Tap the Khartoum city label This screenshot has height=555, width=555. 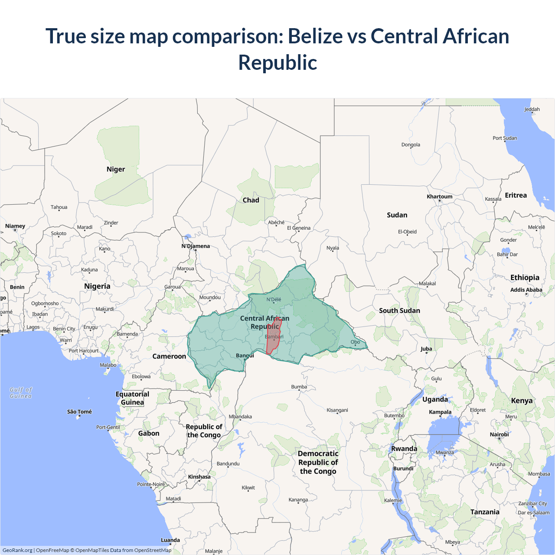click(x=439, y=196)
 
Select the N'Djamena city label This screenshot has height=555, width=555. click(x=196, y=246)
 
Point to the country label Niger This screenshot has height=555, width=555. click(x=116, y=169)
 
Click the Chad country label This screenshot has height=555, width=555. click(x=251, y=200)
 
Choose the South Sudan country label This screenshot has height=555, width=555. click(x=399, y=310)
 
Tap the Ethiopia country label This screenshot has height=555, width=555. click(x=525, y=277)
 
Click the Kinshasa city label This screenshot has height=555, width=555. click(x=199, y=477)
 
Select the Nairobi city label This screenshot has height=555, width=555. click(x=499, y=434)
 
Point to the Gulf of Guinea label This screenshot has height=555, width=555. click(x=21, y=393)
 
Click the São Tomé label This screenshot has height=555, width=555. click(x=79, y=411)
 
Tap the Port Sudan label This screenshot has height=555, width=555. click(x=505, y=138)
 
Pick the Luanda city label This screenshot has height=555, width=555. click(x=170, y=540)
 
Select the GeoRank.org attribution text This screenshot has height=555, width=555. click(x=17, y=550)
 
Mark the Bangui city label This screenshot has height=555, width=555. click(x=245, y=356)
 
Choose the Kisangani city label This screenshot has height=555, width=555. click(x=337, y=410)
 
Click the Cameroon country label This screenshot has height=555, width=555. click(x=169, y=356)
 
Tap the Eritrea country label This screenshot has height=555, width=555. click(x=516, y=195)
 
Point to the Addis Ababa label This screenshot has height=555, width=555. click(x=526, y=290)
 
